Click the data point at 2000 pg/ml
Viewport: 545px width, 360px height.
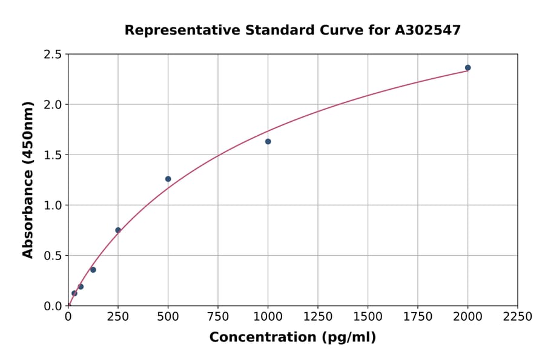coord(467,68)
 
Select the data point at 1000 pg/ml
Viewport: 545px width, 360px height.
coord(268,141)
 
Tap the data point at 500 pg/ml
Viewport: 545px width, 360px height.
coord(168,179)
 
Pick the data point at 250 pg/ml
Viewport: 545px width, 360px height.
coord(118,230)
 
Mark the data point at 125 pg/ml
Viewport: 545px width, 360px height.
coord(93,270)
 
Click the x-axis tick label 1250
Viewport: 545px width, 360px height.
coord(317,317)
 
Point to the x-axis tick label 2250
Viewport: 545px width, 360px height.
coord(517,317)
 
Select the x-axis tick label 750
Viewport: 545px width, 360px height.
coord(218,317)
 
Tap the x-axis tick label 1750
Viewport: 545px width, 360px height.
coord(417,317)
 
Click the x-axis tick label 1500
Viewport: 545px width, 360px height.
coord(368,317)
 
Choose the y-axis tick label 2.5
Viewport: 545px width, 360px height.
coord(53,55)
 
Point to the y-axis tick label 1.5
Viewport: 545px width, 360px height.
coord(53,155)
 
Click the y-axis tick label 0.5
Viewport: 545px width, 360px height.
coord(53,256)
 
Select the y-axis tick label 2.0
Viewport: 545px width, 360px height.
coord(53,105)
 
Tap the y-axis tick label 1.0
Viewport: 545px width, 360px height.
coord(53,205)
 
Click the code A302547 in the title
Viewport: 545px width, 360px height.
coord(428,30)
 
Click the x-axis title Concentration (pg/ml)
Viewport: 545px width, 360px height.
coord(292,338)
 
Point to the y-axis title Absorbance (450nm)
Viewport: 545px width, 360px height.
coord(28,179)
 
